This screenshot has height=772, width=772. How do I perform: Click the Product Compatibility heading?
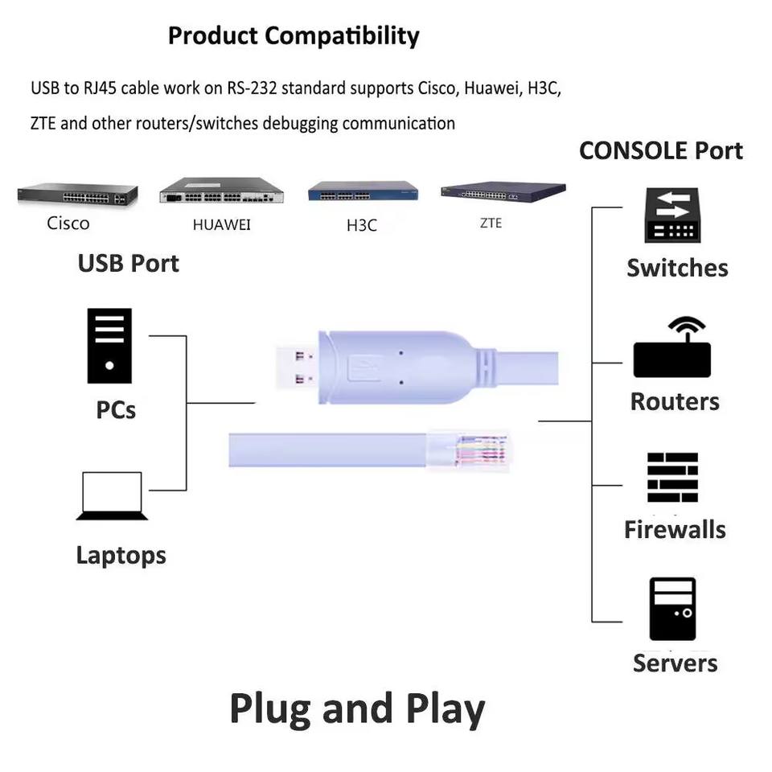(294, 36)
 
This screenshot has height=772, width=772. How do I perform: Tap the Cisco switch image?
(77, 195)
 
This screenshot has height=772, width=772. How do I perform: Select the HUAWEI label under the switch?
(221, 225)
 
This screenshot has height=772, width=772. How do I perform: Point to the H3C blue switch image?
(363, 192)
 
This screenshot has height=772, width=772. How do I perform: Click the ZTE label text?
(491, 224)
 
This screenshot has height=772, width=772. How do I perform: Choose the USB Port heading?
(129, 263)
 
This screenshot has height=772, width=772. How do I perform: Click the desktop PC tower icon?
(109, 346)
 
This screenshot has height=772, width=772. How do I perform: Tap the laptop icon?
(113, 496)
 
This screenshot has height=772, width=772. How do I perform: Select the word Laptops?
(121, 555)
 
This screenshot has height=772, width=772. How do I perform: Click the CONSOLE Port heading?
(661, 150)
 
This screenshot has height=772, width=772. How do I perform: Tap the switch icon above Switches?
(670, 215)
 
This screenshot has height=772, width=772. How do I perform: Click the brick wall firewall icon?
(672, 478)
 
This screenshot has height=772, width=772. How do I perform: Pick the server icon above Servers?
(673, 609)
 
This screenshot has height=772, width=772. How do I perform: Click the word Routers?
(675, 401)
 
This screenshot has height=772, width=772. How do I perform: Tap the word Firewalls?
(675, 530)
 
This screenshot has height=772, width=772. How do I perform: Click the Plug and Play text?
(357, 709)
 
